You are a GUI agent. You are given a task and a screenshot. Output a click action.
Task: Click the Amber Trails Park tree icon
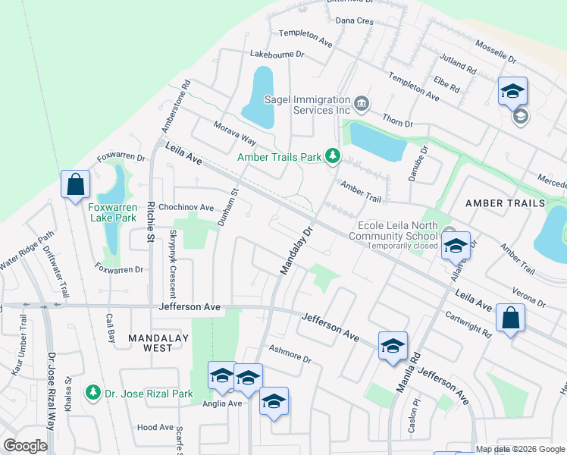coord(332,156)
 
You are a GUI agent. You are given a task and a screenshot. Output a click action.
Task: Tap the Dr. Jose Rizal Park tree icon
coord(93,392)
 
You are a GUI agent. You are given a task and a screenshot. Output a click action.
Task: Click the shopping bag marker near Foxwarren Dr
coord(76,184)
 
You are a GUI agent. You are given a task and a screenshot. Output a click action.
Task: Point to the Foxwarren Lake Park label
coord(112,212)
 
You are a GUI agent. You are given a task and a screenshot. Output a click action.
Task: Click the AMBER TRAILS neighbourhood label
coord(505,203)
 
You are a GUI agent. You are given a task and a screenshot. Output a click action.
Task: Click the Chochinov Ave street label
coord(186,207)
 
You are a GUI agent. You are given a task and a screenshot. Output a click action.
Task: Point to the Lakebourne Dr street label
coord(277,55)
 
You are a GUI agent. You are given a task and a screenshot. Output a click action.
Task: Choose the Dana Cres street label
coord(355,21)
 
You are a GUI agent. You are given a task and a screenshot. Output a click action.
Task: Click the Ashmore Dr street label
coord(290,353)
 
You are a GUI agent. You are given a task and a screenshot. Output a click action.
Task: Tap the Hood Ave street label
coord(156,428)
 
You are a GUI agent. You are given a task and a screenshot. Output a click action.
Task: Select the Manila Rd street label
coord(406,371)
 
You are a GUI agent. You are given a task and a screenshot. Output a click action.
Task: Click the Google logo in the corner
coord(25,446)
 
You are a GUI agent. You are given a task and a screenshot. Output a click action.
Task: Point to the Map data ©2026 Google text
coord(519,449)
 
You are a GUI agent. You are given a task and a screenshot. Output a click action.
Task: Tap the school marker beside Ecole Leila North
coord(456,246)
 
